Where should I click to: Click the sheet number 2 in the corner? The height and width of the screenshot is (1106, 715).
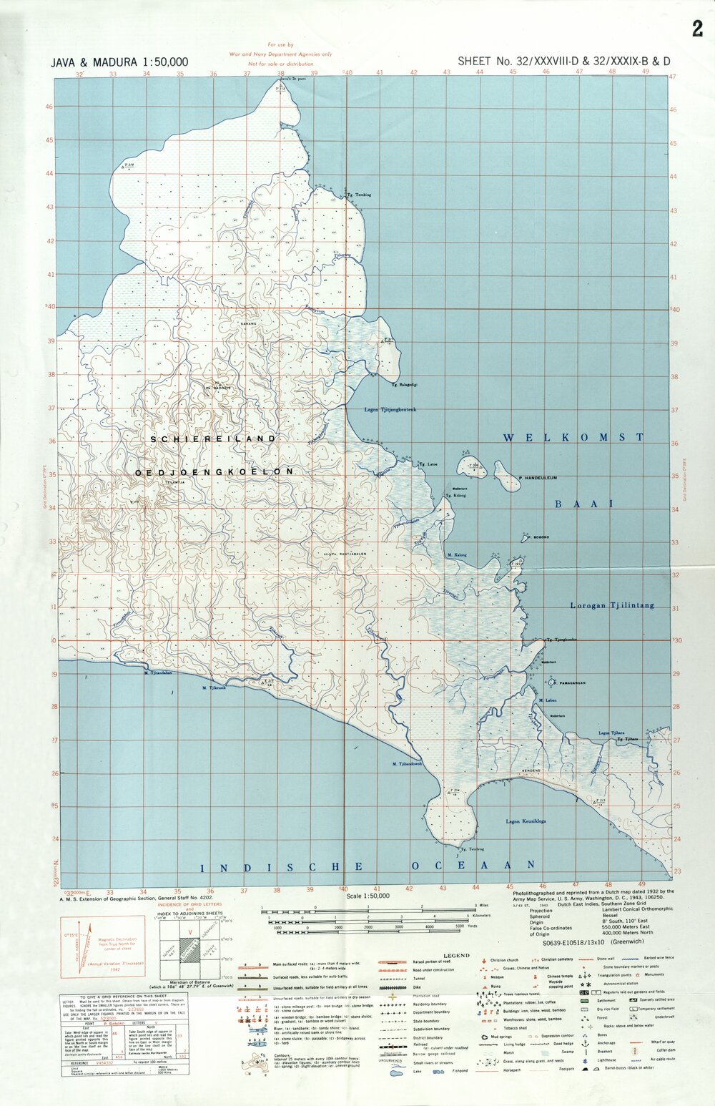pos(697,29)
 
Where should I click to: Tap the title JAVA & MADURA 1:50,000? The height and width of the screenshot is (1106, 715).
pos(119,62)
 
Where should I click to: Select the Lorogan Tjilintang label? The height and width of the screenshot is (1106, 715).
pos(612,605)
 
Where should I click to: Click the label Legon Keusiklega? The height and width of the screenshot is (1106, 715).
pos(526,821)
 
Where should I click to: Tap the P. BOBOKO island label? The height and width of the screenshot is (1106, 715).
pos(538,537)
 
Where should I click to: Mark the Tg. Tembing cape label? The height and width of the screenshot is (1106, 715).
pos(358,195)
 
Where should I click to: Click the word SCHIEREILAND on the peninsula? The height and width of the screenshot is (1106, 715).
pos(212,438)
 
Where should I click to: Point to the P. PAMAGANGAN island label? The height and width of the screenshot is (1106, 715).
pos(572,683)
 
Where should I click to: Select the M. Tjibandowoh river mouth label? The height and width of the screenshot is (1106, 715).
pos(407,764)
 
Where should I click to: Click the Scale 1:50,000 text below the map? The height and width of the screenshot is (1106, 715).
pos(368,896)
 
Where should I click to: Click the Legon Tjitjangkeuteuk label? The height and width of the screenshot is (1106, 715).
pos(390,410)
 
